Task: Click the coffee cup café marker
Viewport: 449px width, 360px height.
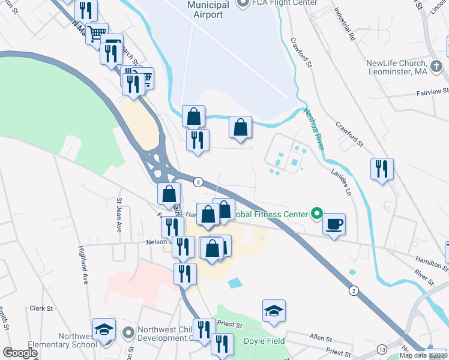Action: click(x=334, y=224)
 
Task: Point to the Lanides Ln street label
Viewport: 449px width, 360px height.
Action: click(x=340, y=182)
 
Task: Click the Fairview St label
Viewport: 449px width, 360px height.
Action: click(x=433, y=92)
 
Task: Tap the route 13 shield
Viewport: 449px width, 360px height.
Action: click(x=382, y=349)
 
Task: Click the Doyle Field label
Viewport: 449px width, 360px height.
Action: click(x=264, y=341)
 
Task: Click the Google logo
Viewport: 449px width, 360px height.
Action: click(x=20, y=353)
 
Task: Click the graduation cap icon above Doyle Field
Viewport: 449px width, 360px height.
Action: click(x=274, y=311)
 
